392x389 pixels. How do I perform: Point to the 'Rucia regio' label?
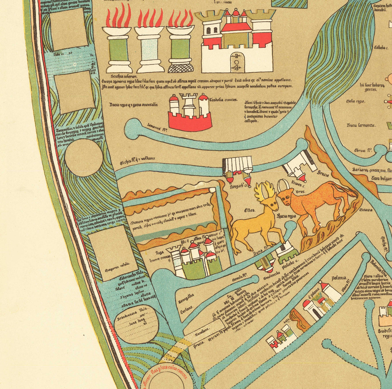pos(286,216)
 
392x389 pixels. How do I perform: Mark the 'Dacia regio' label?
pos(133,105)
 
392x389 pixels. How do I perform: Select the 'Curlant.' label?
pos(186,308)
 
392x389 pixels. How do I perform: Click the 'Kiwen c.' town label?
pos(298,184)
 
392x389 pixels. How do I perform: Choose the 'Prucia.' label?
pos(199,345)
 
